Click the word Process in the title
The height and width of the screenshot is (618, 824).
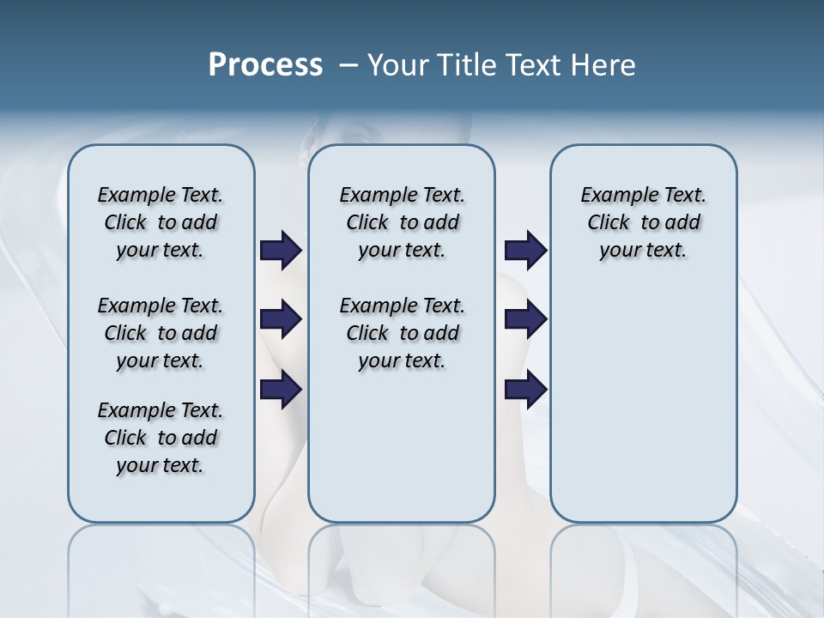(265, 65)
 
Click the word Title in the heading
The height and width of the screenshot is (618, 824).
(465, 65)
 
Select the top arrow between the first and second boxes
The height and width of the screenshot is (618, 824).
(281, 250)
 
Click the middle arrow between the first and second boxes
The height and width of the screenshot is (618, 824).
(281, 320)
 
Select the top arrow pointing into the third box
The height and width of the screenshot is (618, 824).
(525, 250)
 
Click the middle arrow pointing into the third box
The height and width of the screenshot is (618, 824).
(525, 320)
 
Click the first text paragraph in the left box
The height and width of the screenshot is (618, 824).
(161, 222)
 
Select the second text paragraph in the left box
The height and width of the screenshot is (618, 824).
(161, 333)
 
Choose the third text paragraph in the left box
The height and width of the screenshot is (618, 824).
(161, 438)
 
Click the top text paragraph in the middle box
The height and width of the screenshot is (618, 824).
(402, 222)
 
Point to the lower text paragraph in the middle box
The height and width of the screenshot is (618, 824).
(402, 333)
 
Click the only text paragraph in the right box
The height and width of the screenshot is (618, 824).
(643, 222)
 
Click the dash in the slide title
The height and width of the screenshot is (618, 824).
(348, 65)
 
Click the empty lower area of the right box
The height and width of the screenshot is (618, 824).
(643, 403)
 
